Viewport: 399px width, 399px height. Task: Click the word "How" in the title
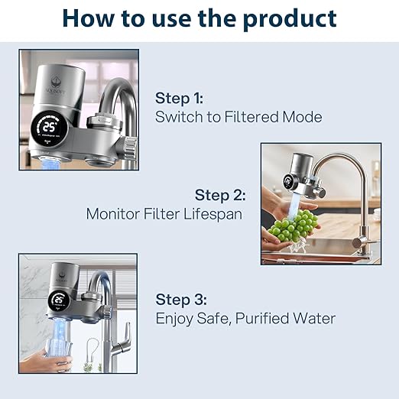(x=90, y=18)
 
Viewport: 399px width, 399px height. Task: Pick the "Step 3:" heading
(x=181, y=299)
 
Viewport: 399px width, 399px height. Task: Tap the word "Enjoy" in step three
(x=175, y=318)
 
